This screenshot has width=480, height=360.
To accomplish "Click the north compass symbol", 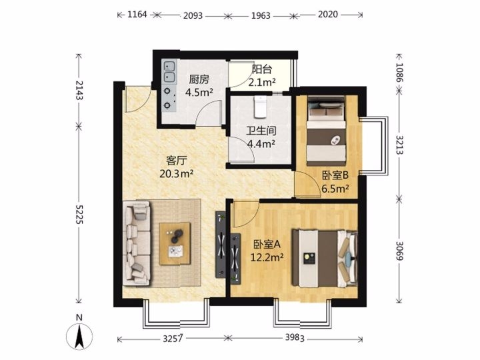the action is coord(79,335).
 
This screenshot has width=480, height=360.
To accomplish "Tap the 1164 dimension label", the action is coord(137,15).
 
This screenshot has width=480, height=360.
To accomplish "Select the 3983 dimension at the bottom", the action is coord(295,337).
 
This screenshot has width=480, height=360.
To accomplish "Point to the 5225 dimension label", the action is coord(79,214).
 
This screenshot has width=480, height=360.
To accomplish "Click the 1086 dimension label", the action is coord(399,73).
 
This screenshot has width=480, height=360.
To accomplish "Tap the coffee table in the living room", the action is coord(175,244).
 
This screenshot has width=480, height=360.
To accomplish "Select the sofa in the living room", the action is coord(137,243).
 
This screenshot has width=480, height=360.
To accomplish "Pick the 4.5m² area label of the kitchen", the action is coord(199,92).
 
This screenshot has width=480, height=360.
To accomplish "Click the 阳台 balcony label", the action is coord(262,69).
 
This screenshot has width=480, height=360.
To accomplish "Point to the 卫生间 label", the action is coord(261,131).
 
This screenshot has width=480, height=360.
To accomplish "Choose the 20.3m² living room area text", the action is coord(176,174).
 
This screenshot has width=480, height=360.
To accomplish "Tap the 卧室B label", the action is coord(335,175).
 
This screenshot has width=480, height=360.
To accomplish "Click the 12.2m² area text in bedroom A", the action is coord(267,257).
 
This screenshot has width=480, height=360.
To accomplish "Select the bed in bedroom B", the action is coord(327,131).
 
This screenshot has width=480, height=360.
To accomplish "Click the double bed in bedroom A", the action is coord(325,259).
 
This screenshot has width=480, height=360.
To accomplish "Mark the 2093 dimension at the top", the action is coord(193,15).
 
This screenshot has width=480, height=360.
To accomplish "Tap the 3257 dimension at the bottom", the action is coord(173,339).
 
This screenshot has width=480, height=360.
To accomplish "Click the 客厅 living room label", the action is coord(177,161).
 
